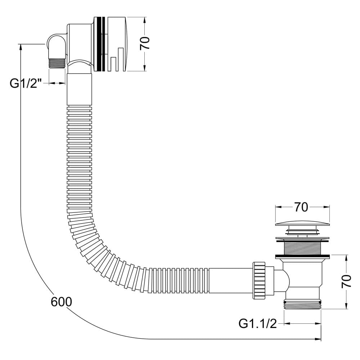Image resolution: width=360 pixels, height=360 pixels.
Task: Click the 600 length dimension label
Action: [x=61, y=302]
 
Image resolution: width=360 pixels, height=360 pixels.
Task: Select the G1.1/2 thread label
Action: [x=258, y=324]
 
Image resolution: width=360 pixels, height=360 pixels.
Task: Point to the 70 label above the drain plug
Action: [x=301, y=207]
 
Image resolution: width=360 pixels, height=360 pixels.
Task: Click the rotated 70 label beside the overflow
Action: [x=145, y=43]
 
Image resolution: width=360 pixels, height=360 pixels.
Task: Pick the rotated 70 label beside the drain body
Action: [x=346, y=281]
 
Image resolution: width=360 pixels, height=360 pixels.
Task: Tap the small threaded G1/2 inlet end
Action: [x=57, y=63]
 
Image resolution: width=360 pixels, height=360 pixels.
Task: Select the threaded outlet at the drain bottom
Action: [x=303, y=304]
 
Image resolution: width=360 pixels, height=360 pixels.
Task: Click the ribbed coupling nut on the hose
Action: [x=259, y=280]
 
